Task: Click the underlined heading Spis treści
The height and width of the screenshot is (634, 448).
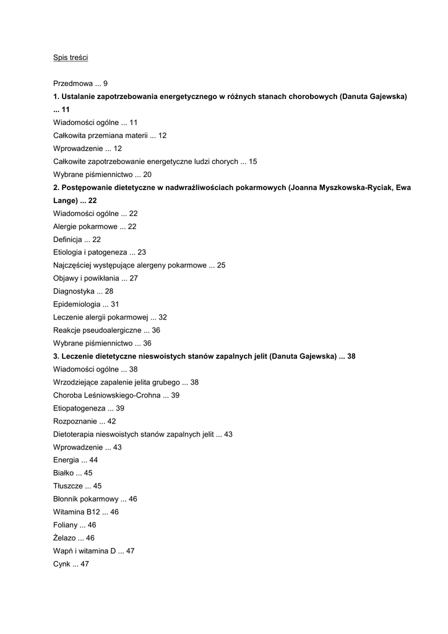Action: coord(71,58)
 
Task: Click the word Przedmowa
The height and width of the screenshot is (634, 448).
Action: coord(73,84)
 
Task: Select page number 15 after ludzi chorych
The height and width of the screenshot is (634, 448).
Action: coord(252,162)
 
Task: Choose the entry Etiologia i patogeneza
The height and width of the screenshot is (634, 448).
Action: coord(90,253)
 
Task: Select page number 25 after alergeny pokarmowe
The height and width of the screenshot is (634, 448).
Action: coord(221,266)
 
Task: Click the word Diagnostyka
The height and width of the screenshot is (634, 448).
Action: coord(74,292)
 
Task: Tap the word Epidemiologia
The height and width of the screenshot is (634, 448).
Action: coord(77,305)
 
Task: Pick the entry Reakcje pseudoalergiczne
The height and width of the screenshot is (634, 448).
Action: coord(97,331)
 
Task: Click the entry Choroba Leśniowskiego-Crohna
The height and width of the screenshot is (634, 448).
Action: coord(107,396)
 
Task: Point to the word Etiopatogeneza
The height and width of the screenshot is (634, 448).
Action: coord(79,409)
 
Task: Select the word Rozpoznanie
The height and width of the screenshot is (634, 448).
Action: coord(75,422)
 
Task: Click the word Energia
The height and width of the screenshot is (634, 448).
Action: coord(66,461)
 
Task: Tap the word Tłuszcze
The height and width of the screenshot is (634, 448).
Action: coord(68,487)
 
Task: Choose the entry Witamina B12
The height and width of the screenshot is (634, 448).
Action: coord(76,513)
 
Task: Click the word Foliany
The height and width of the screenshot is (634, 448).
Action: coord(66,526)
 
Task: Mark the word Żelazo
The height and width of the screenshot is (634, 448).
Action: coord(65,539)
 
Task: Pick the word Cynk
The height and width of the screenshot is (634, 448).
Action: coord(62,565)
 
